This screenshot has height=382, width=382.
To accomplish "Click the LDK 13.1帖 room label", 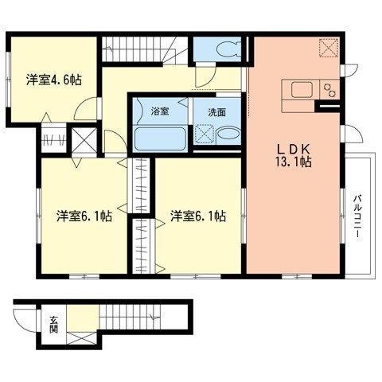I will [292, 154].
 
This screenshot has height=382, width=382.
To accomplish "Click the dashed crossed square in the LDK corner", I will [327, 47].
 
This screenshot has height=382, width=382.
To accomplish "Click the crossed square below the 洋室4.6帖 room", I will [84, 141].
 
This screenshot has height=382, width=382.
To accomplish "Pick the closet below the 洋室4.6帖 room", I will [53, 142].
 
